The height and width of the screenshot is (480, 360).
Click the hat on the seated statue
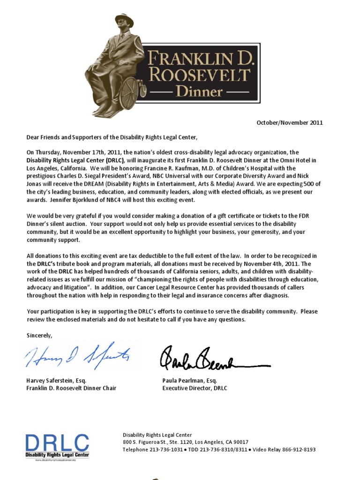[x=124, y=20]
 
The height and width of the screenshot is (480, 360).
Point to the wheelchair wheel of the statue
[x=130, y=93]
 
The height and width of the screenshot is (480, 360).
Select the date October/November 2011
[x=289, y=123]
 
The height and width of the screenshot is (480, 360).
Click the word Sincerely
[x=40, y=335]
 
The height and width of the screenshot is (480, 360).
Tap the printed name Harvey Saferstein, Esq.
[x=57, y=381]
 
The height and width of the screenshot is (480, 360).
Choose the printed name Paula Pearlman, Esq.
[x=190, y=381]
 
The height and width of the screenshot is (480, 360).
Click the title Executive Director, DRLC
[x=195, y=388]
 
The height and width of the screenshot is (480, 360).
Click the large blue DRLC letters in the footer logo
[x=57, y=442]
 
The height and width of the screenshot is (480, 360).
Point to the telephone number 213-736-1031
[x=166, y=450]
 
